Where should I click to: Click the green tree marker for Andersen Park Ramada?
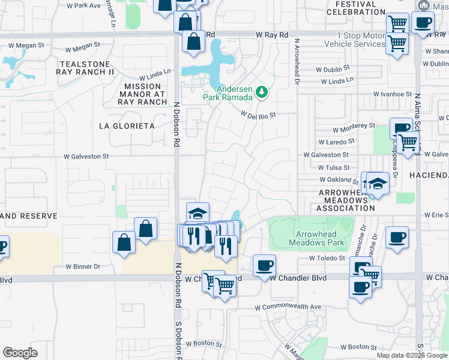(x=261, y=92)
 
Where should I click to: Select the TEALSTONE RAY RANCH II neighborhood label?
(x=85, y=68)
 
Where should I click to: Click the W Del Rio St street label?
(x=258, y=113)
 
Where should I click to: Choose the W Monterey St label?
(x=354, y=127)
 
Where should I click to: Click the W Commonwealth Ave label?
(x=288, y=307)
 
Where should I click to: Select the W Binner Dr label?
(x=83, y=266)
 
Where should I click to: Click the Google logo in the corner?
(x=20, y=353)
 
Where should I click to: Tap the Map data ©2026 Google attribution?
(x=412, y=355)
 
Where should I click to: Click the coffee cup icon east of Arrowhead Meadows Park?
(x=397, y=236)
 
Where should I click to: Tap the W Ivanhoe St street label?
(x=392, y=94)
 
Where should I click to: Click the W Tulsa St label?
(x=334, y=168)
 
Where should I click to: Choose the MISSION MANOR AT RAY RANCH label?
(x=143, y=94)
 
